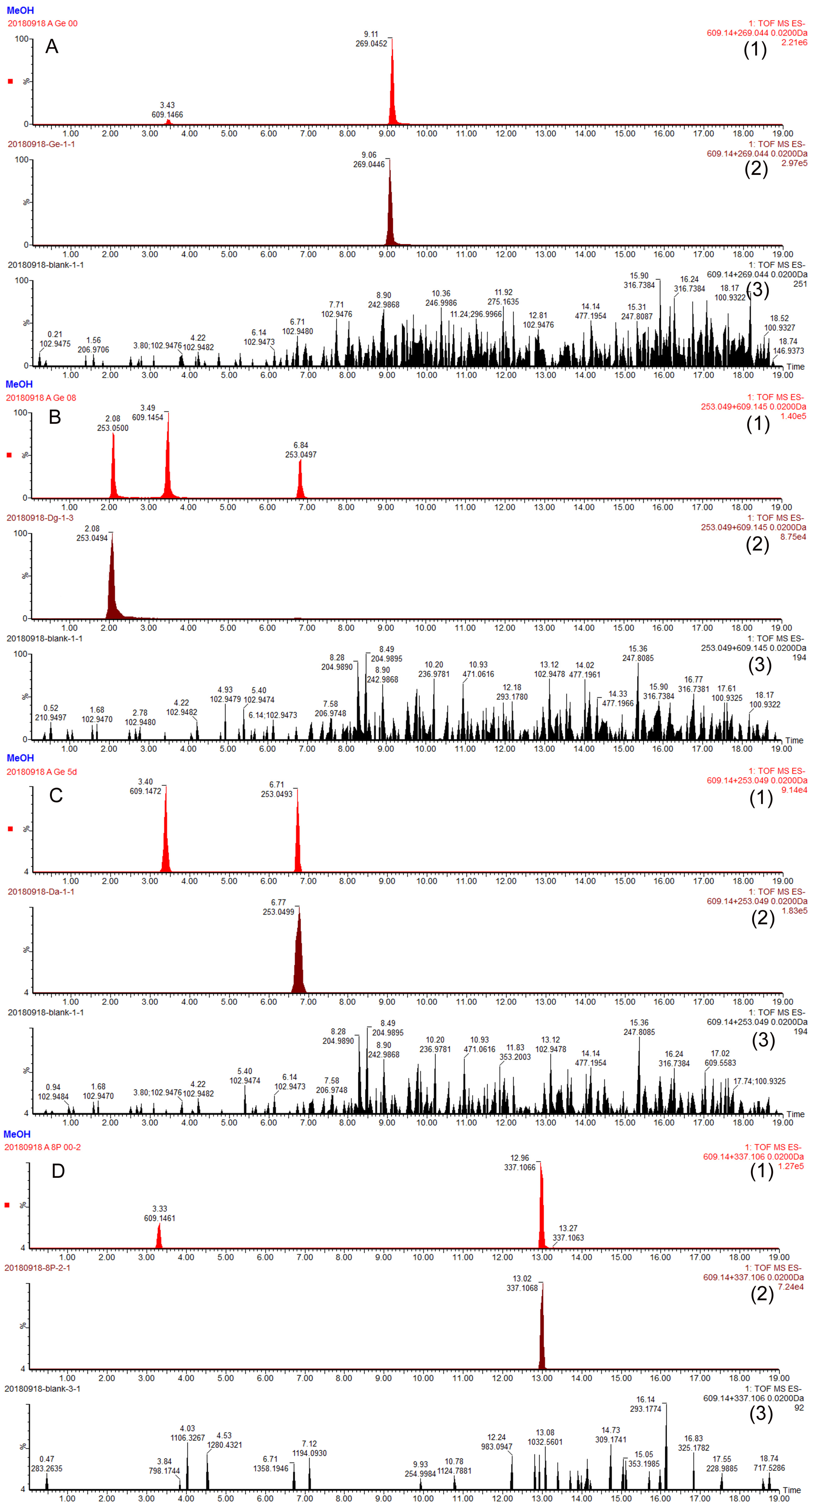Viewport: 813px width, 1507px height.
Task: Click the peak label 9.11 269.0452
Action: (371, 39)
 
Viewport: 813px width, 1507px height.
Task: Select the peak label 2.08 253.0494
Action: (92, 533)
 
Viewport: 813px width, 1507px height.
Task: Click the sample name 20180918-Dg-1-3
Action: (40, 518)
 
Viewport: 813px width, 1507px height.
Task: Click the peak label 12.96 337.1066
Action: (519, 1162)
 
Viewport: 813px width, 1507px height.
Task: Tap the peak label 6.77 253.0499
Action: (278, 907)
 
